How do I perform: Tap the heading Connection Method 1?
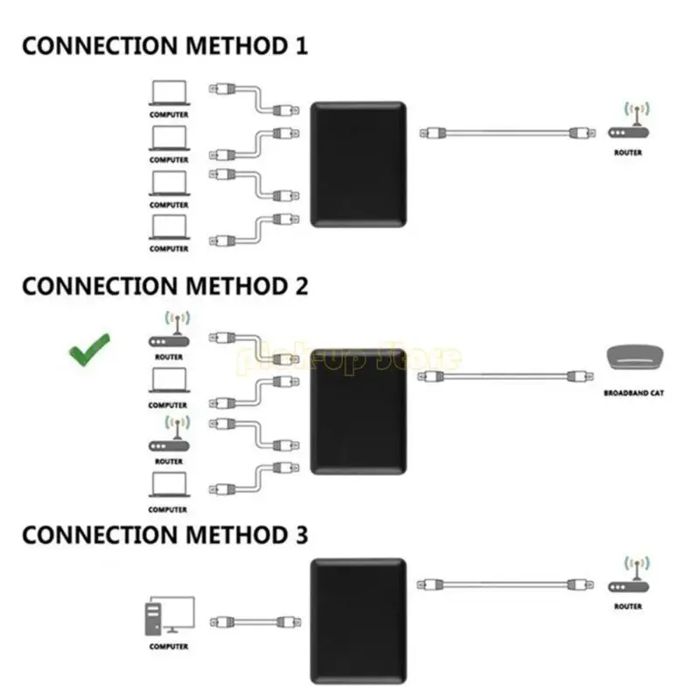[x=164, y=46]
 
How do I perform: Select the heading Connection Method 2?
[x=164, y=286]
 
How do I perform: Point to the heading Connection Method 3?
[x=164, y=535]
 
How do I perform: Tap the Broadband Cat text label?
[x=633, y=394]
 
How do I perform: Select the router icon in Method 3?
[x=628, y=579]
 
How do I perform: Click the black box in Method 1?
[x=359, y=164]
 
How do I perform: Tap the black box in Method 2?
[x=359, y=409]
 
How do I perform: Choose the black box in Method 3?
[x=359, y=621]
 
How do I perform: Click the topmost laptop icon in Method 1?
[x=168, y=93]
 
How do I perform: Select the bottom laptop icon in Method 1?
[x=168, y=227]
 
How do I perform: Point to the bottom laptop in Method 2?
[x=168, y=485]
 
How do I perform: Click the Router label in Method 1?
[x=628, y=153]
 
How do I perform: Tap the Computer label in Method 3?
[x=168, y=647]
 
